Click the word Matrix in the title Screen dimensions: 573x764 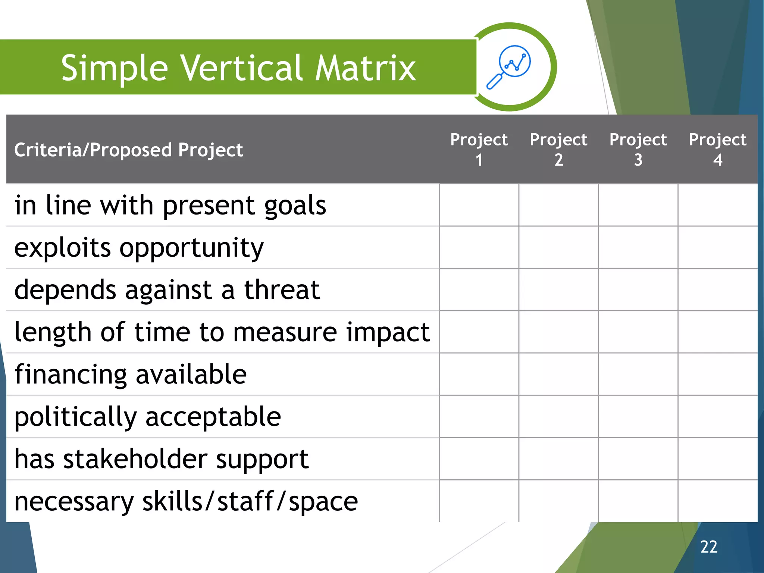coord(365,68)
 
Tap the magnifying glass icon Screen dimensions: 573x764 coord(509,67)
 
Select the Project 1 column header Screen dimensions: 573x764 coord(479,149)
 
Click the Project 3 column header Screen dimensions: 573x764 coord(638,149)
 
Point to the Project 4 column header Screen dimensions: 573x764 coord(717,149)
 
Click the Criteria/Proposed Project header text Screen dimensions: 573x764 coord(128,150)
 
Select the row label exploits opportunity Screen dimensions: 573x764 coord(139,248)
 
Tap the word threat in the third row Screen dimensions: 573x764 coord(282,290)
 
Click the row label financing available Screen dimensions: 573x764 coord(131,375)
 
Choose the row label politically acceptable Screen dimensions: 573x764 coord(147,417)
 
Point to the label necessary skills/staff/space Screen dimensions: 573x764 coord(186,501)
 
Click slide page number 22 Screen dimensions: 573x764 coord(708,547)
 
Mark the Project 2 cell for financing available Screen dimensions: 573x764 coord(558,374)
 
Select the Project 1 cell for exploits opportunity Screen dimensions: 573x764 coord(479,247)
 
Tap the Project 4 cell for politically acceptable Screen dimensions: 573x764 coord(717,416)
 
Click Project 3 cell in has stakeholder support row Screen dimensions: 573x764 coord(638,459)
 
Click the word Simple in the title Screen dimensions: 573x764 coord(115,68)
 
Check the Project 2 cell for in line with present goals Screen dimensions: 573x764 coord(558,205)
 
